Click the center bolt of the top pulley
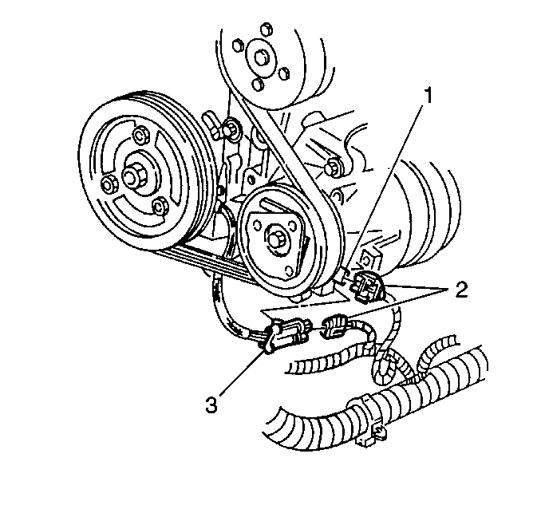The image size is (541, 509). coord(260,57)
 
